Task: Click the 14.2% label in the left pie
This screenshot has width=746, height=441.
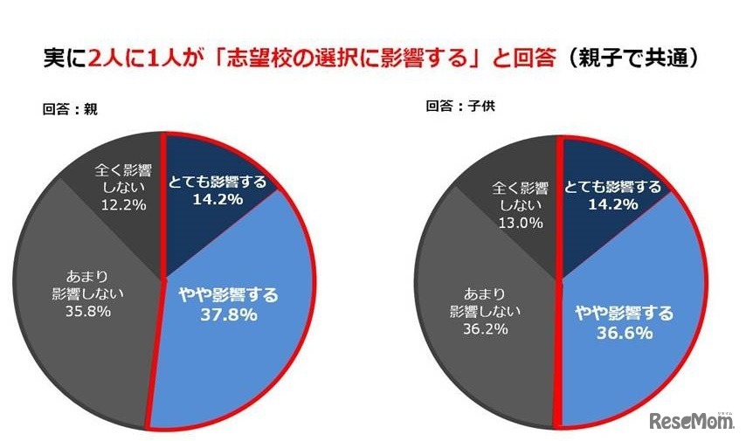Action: tap(216, 199)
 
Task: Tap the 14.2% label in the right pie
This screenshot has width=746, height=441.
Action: tap(611, 203)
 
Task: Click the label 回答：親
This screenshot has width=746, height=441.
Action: tap(70, 110)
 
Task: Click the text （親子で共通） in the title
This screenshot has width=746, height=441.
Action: tap(630, 59)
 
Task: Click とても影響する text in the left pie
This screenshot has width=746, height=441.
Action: tap(216, 183)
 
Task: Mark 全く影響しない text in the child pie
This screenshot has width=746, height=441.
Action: tap(521, 196)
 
